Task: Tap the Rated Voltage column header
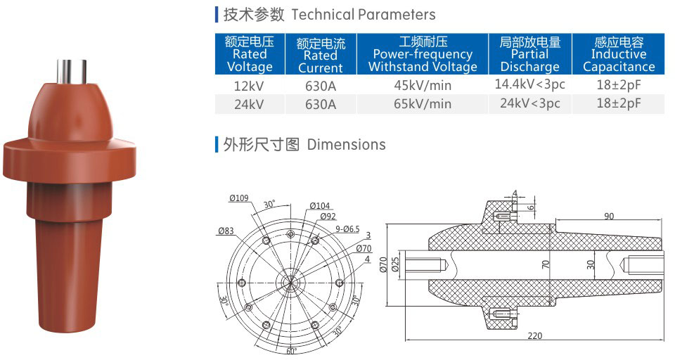pyautogui.click(x=250, y=54)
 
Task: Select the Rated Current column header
pyautogui.click(x=320, y=55)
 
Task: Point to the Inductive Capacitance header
pyautogui.click(x=618, y=54)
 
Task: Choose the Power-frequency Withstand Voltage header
pyautogui.click(x=422, y=54)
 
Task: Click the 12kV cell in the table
pyautogui.click(x=250, y=86)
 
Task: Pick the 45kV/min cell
pyautogui.click(x=422, y=86)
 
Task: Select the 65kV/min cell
pyautogui.click(x=422, y=104)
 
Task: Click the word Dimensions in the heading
pyautogui.click(x=347, y=145)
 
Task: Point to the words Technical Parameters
pyautogui.click(x=363, y=14)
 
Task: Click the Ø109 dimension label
pyautogui.click(x=239, y=198)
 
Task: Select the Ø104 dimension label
pyautogui.click(x=319, y=205)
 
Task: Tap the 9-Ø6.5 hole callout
pyautogui.click(x=345, y=229)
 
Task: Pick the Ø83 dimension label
pyautogui.click(x=226, y=230)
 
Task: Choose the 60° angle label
pyautogui.click(x=291, y=350)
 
